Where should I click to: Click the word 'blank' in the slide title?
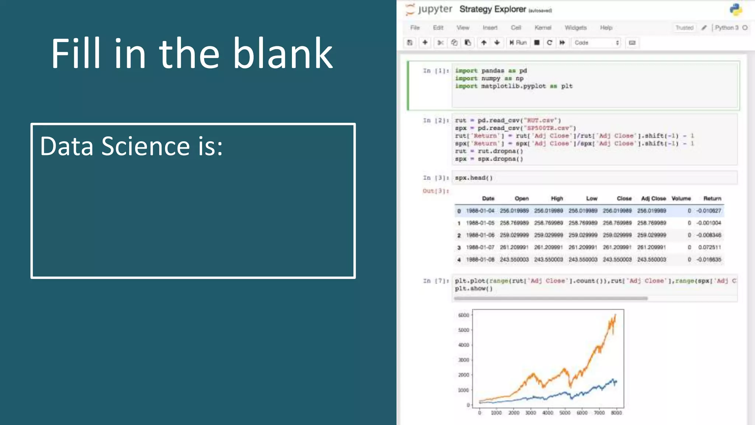coord(283,54)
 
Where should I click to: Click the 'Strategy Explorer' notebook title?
coord(493,9)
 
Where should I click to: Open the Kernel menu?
coord(543,28)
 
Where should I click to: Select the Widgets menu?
coord(575,28)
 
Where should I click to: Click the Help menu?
coord(606,28)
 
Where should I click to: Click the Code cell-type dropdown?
coord(596,43)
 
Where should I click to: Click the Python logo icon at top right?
coord(735,10)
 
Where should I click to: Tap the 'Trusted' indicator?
coord(684,28)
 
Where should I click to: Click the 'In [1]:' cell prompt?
coord(436,71)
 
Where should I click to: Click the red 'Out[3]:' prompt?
coord(436,191)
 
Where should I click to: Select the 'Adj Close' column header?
coord(653,198)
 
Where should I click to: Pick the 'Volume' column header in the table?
coord(681,198)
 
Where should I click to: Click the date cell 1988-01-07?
coord(480,247)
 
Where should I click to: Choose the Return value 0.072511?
coord(709,247)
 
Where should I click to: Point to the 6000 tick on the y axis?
coord(463,315)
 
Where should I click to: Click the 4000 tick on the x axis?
coord(547,413)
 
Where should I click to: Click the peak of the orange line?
coord(615,315)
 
